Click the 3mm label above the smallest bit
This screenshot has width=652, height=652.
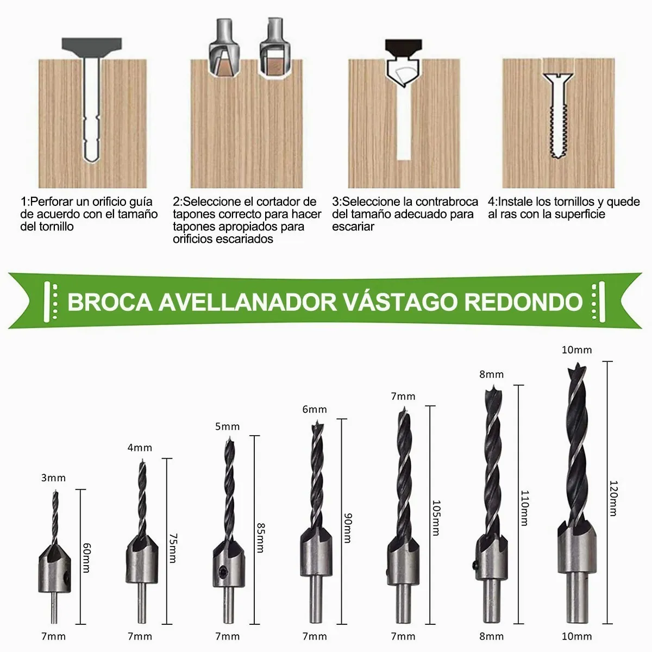pos(53,478)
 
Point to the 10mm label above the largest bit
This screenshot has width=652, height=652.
pos(576,350)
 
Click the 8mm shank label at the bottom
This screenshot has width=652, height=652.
pos(492,636)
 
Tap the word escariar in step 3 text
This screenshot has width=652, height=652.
pos(353,227)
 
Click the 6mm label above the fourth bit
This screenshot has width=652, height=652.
pos(315,410)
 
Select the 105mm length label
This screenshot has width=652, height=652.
pos(435,517)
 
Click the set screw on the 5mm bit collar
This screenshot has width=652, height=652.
pos(222,571)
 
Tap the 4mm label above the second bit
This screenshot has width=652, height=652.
pos(140,448)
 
